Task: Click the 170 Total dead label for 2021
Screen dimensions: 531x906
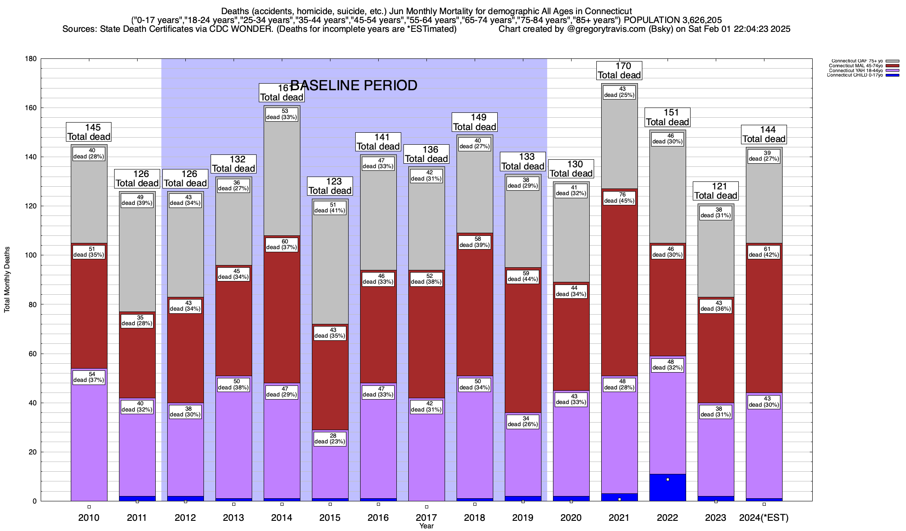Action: (x=619, y=70)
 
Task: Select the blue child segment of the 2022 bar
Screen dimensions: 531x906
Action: (x=668, y=487)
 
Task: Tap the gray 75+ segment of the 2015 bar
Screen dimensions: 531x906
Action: (x=330, y=265)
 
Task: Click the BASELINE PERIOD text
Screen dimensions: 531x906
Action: (x=354, y=85)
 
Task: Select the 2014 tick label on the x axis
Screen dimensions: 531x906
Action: (x=282, y=518)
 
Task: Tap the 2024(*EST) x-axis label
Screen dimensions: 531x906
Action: (x=764, y=518)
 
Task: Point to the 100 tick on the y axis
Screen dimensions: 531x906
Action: (x=31, y=255)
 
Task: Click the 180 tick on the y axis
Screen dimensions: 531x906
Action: (x=31, y=59)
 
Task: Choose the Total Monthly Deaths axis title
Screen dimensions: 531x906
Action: (x=7, y=280)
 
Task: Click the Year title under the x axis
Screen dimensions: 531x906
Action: (x=426, y=526)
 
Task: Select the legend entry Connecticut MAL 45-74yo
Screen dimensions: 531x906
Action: (x=856, y=66)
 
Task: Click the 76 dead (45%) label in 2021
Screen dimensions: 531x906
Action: (x=619, y=198)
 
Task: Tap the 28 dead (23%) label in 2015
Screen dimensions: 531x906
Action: (x=330, y=439)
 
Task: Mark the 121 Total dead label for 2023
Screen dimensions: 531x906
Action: (x=716, y=191)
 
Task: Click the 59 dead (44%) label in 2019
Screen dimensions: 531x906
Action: (x=523, y=276)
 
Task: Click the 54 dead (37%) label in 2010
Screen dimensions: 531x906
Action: (x=89, y=377)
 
